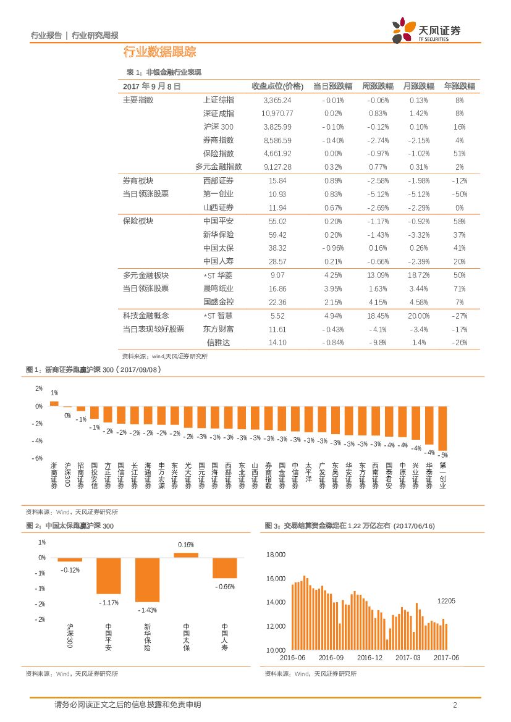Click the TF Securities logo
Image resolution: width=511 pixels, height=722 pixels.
point(426,30)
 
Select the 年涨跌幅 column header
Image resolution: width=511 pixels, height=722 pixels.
point(459,86)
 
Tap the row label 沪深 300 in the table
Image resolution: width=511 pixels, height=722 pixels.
point(218,127)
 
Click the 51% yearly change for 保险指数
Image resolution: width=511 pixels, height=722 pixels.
point(459,153)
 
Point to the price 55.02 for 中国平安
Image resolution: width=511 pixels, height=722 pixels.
point(277,221)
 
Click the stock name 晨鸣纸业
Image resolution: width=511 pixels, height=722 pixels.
point(218,288)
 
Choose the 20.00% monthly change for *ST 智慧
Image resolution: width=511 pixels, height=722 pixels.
point(418,316)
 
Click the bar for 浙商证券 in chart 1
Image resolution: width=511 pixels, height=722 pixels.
point(54,403)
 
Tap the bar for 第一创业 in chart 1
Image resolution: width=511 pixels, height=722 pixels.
point(442,428)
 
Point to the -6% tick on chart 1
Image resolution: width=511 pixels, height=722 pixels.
point(38,458)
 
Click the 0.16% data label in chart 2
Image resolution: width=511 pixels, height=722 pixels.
point(186,545)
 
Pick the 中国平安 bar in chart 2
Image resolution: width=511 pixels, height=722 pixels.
point(108,575)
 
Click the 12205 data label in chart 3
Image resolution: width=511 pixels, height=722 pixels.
point(446,600)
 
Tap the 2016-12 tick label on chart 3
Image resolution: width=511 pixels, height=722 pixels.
point(370,658)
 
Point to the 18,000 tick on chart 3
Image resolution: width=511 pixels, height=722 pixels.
point(275,555)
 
